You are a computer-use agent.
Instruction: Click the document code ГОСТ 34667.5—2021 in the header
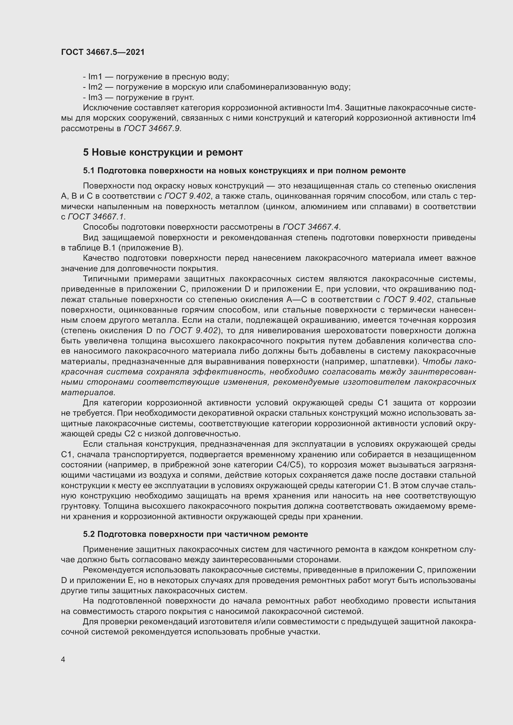[103, 52]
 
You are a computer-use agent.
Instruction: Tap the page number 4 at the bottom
[63, 660]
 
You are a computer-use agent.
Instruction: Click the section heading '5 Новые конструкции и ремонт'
[163, 153]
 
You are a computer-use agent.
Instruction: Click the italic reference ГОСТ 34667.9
[152, 129]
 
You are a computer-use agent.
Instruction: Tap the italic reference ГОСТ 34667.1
[97, 217]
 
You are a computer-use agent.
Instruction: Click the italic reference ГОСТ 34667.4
[311, 227]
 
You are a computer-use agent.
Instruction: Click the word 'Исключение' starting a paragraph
[107, 108]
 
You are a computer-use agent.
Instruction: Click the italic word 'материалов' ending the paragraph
[88, 392]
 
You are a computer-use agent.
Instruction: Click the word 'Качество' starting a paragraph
[101, 258]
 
